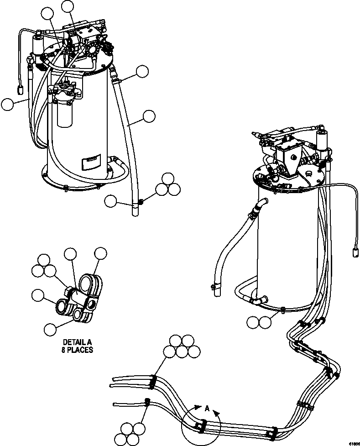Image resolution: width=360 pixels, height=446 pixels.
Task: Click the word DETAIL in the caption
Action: (x=73, y=342)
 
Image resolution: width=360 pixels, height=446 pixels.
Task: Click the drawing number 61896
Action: (x=354, y=443)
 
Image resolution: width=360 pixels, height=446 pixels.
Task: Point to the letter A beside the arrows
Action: (x=207, y=409)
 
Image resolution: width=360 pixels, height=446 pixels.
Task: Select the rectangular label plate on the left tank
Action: (x=89, y=162)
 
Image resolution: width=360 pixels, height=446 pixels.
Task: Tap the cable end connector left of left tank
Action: (x=21, y=90)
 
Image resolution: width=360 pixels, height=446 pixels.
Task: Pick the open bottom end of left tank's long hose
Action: (x=135, y=211)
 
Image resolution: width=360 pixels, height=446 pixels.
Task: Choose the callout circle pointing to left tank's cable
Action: (x=7, y=105)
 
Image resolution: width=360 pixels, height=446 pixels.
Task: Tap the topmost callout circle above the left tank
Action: (x=68, y=6)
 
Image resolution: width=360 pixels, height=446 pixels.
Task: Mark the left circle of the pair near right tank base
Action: (x=252, y=322)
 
